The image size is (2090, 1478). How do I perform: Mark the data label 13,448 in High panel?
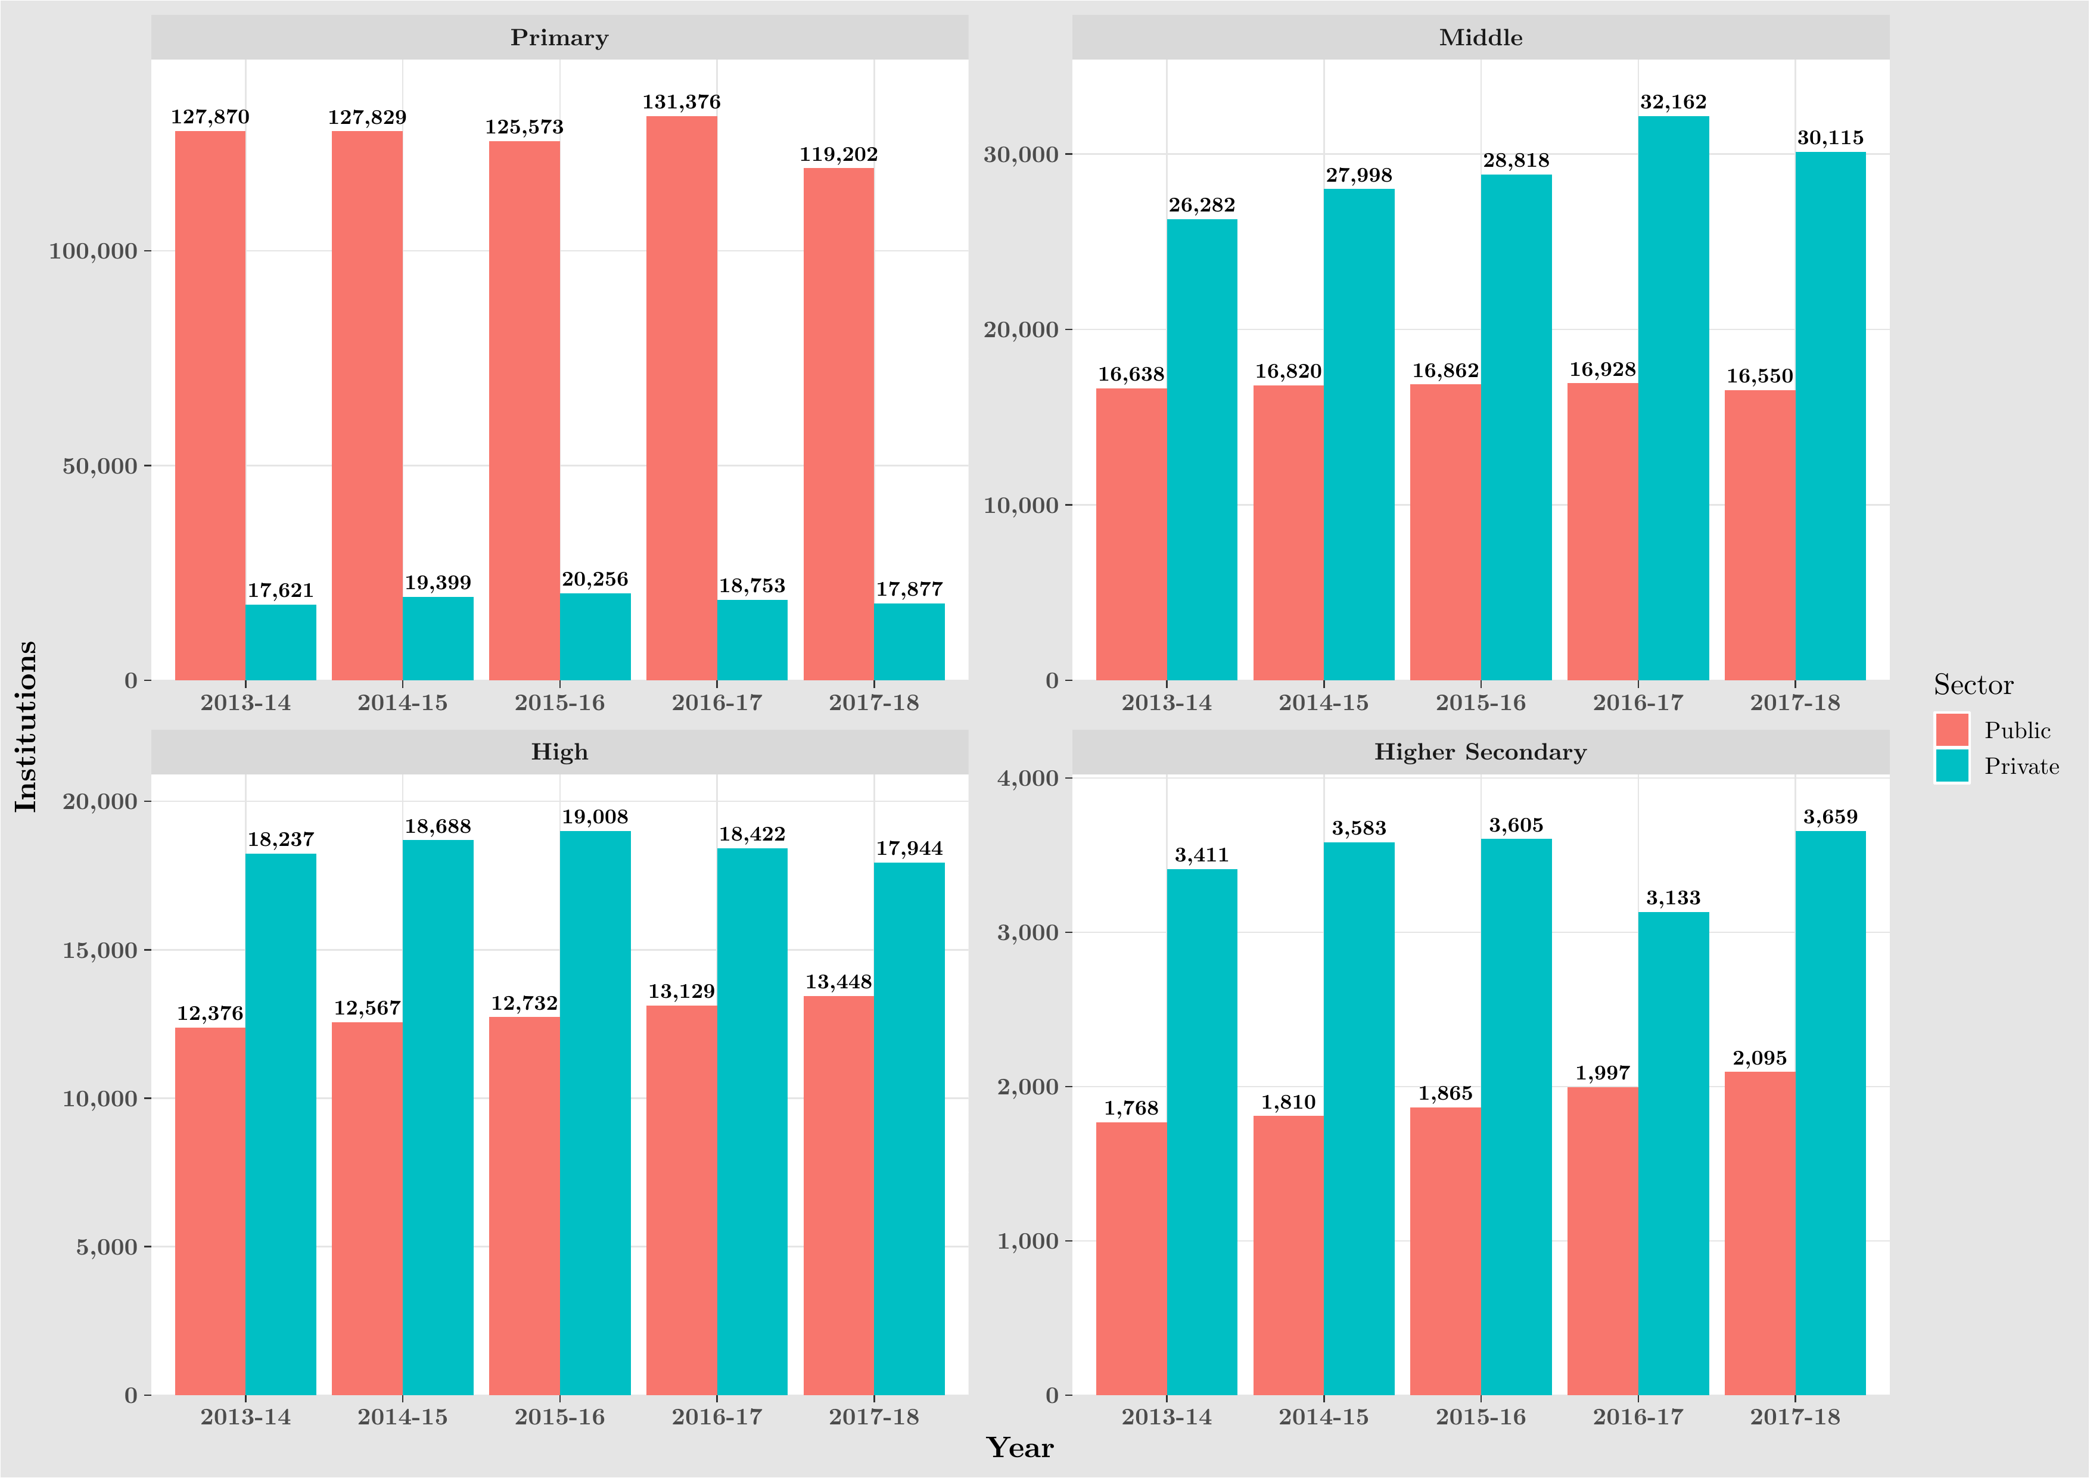[x=838, y=982]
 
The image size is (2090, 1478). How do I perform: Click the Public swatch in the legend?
[x=1952, y=730]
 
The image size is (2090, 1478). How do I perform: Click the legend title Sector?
[x=1973, y=684]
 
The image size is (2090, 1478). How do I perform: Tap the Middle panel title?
[x=1480, y=38]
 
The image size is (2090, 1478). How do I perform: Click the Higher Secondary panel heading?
[x=1480, y=752]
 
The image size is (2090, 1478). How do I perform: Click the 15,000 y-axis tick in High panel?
[x=99, y=950]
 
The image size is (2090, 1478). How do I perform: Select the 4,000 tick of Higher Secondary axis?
[x=1028, y=778]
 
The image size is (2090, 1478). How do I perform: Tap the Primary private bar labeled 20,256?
[x=595, y=636]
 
